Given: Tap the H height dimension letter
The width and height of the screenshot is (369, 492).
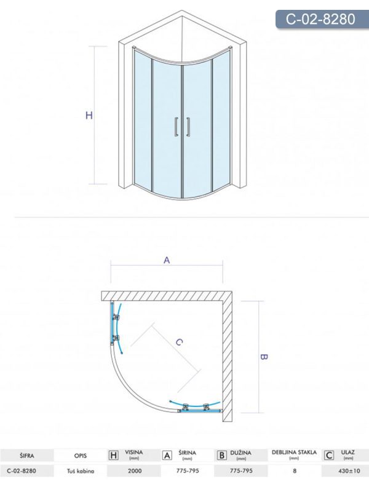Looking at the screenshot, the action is click(x=89, y=116).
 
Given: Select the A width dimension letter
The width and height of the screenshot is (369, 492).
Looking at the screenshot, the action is click(x=167, y=260).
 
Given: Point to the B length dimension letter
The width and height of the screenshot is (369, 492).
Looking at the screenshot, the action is click(x=264, y=357).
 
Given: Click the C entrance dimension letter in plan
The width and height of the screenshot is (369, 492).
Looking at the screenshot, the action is click(x=179, y=343).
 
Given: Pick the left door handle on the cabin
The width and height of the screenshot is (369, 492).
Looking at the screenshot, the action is click(x=177, y=127).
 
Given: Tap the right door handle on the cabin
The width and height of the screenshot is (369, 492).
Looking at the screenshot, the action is click(x=188, y=127).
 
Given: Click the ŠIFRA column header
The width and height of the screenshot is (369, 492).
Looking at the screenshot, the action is click(x=26, y=456).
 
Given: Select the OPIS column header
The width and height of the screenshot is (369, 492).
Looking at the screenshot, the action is click(x=81, y=456).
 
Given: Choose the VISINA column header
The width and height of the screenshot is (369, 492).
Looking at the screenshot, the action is click(x=133, y=453).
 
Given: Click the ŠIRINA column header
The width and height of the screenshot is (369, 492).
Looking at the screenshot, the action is click(x=187, y=453).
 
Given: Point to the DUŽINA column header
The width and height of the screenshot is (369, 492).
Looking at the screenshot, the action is click(x=240, y=453).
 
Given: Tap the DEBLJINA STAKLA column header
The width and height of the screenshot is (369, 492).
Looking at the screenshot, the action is click(x=295, y=452).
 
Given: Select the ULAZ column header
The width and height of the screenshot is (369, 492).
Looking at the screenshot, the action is click(x=347, y=453).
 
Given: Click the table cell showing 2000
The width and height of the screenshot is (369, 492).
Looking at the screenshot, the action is click(x=135, y=471).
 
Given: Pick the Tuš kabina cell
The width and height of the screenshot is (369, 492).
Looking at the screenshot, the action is click(x=81, y=471).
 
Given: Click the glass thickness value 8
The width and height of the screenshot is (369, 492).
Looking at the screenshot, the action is click(x=295, y=471).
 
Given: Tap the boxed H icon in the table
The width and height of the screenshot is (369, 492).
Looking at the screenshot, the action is click(x=113, y=455).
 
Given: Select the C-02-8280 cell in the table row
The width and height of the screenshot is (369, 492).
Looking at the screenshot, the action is click(x=22, y=471).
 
